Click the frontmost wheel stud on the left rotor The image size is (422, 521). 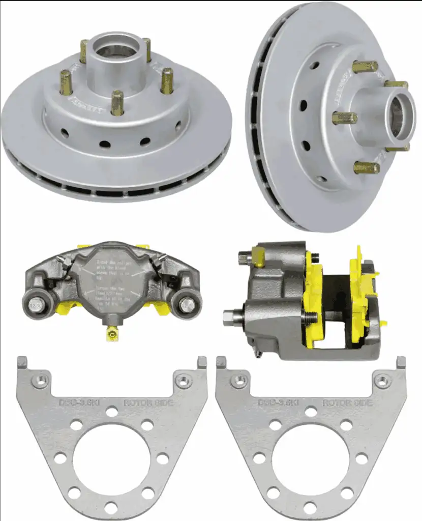pyautogui.click(x=117, y=103)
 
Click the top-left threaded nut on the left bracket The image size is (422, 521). pyautogui.click(x=40, y=380)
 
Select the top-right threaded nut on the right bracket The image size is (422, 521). pyautogui.click(x=382, y=380)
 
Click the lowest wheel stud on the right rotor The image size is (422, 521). pyautogui.click(x=366, y=167)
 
